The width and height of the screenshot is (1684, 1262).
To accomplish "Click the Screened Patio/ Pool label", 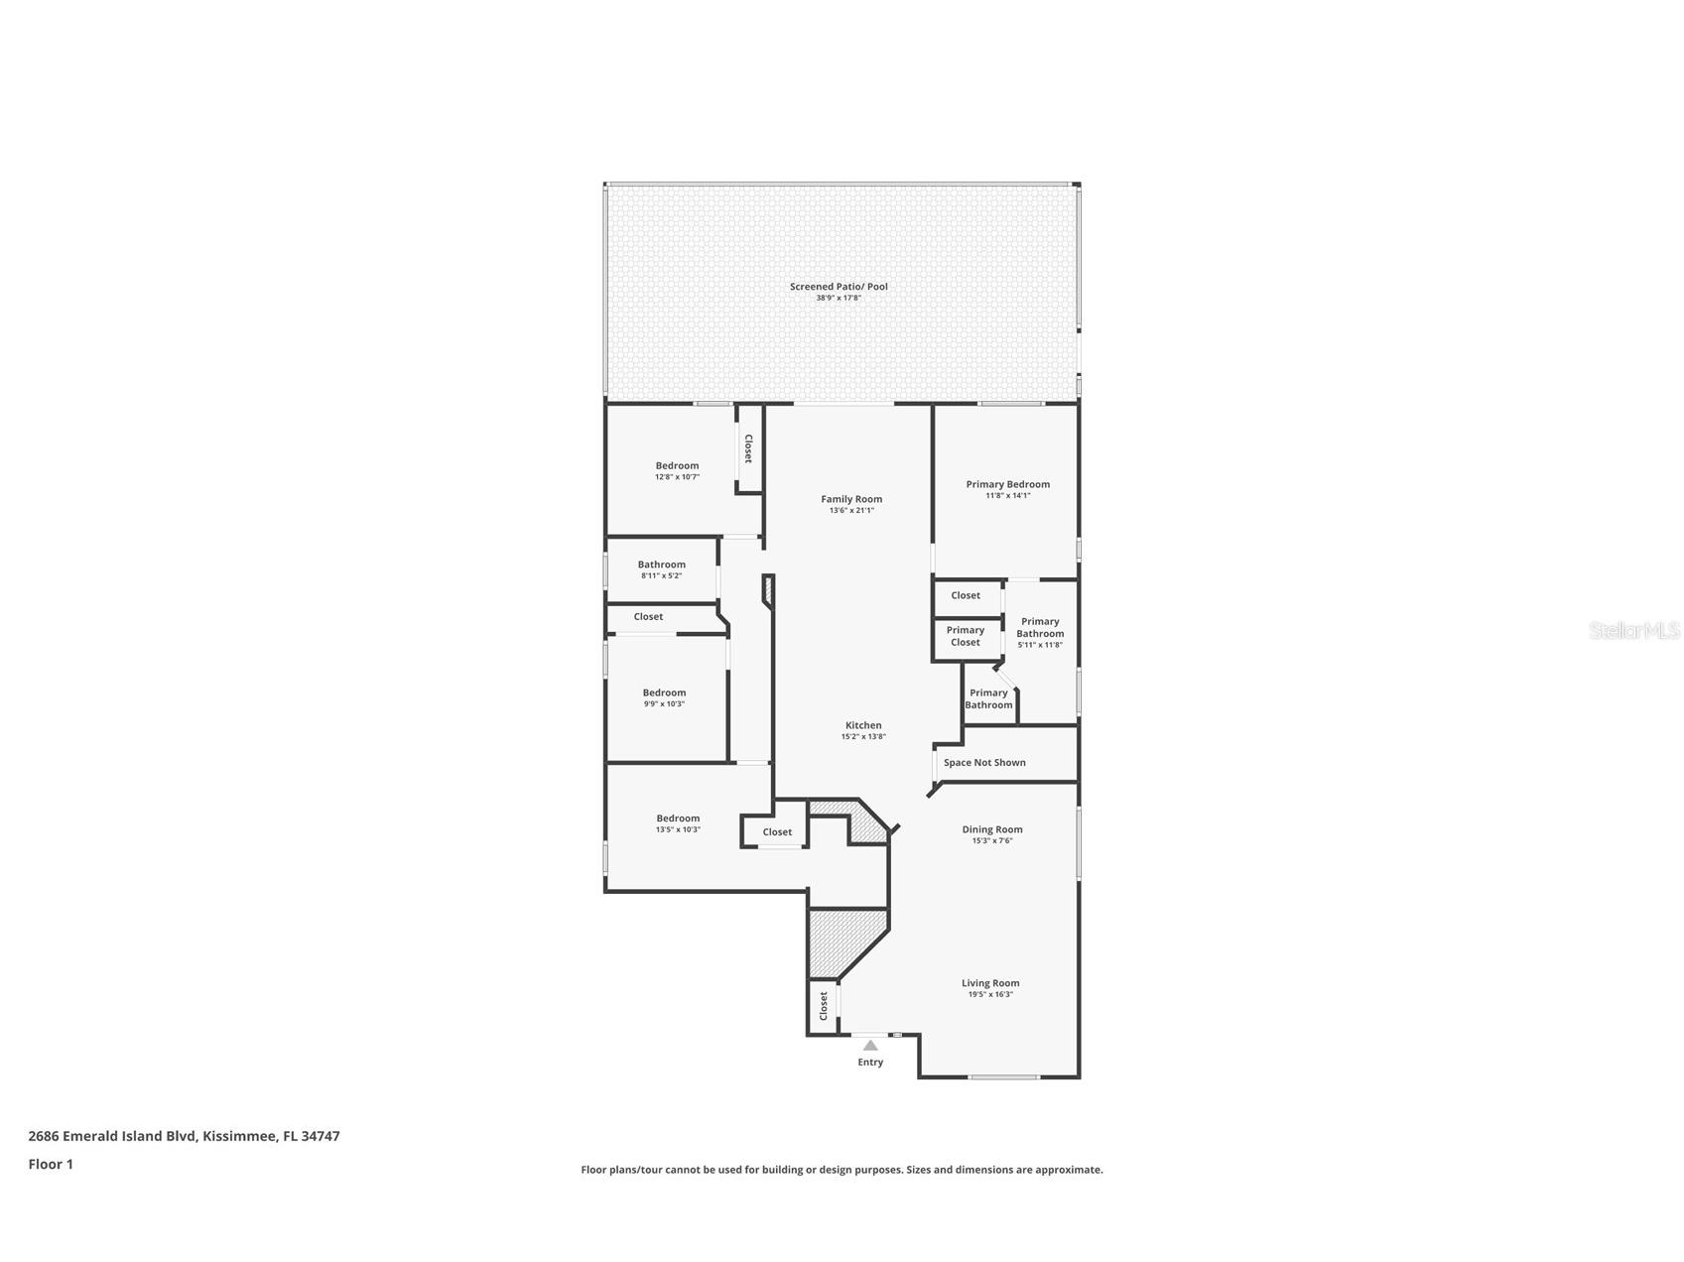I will pyautogui.click(x=839, y=287).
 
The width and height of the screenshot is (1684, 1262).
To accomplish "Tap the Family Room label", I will pyautogui.click(x=851, y=499).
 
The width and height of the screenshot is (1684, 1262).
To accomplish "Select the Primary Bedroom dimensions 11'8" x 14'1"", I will pyautogui.click(x=1007, y=495).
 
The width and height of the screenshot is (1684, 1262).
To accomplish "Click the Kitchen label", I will pyautogui.click(x=863, y=725).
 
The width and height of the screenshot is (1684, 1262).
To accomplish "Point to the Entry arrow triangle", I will pyautogui.click(x=870, y=1045).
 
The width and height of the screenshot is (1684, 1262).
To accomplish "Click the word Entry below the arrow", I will pyautogui.click(x=870, y=1063).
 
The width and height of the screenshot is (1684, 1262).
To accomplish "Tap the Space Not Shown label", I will pyautogui.click(x=984, y=763).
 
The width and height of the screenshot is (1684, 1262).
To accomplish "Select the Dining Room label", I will pyautogui.click(x=991, y=829).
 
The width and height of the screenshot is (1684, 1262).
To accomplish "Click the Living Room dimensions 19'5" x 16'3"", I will pyautogui.click(x=990, y=994).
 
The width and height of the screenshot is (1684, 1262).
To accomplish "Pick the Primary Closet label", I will pyautogui.click(x=966, y=636).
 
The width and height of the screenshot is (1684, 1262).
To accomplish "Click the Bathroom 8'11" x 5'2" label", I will pyautogui.click(x=661, y=569).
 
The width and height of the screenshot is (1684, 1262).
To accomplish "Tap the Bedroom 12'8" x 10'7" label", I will pyautogui.click(x=677, y=470).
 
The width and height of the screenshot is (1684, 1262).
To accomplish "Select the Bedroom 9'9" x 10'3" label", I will pyautogui.click(x=664, y=697).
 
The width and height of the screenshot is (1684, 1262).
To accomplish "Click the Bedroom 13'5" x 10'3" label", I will pyautogui.click(x=678, y=823).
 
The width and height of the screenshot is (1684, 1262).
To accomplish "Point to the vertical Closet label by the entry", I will pyautogui.click(x=824, y=1006).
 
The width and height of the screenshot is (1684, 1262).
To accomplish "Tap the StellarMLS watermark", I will pyautogui.click(x=1633, y=630).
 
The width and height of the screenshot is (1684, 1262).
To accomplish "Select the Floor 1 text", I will pyautogui.click(x=51, y=1165).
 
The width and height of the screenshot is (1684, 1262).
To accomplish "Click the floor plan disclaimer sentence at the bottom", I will pyautogui.click(x=842, y=1170).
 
